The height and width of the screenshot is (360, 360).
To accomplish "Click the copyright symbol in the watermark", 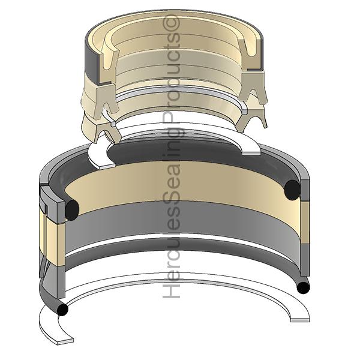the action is point(171,23).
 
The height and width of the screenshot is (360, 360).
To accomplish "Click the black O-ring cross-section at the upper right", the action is point(292,190).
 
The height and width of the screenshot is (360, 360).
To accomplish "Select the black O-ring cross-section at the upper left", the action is point(72,210).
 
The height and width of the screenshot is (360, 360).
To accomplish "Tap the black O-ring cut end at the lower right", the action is point(303,287).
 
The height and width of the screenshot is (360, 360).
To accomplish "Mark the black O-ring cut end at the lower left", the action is point(62,310).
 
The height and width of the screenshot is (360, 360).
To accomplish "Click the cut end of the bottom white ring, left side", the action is point(65,341).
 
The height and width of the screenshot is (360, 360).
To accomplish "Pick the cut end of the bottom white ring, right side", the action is point(300,320).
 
